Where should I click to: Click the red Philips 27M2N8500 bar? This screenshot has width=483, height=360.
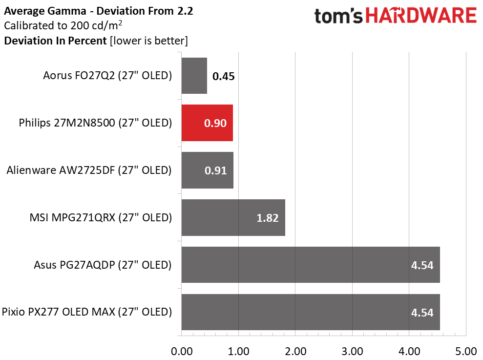207,123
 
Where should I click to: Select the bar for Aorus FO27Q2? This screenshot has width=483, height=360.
194,76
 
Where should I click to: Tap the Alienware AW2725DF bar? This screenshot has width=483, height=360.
207,170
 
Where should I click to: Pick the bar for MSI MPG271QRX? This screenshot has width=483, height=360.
233,217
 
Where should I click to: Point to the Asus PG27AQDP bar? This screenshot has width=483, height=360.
311,265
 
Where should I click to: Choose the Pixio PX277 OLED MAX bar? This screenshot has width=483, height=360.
311,312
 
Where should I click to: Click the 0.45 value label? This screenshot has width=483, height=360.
224,76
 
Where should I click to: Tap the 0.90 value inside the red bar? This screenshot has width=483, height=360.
215,123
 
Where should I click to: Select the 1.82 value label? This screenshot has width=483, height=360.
267,218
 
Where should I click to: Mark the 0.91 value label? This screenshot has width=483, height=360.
216,171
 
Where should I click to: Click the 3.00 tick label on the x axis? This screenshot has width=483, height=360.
352,351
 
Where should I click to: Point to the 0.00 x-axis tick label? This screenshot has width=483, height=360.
182,351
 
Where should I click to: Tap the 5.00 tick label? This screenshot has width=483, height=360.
466,351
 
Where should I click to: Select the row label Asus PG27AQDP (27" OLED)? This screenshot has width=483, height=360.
103,265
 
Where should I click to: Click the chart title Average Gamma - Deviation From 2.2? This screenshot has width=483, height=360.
99,11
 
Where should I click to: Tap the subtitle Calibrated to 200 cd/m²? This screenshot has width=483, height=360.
63,25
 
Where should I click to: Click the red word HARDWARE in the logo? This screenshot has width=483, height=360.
421,16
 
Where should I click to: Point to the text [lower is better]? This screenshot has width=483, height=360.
149,41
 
